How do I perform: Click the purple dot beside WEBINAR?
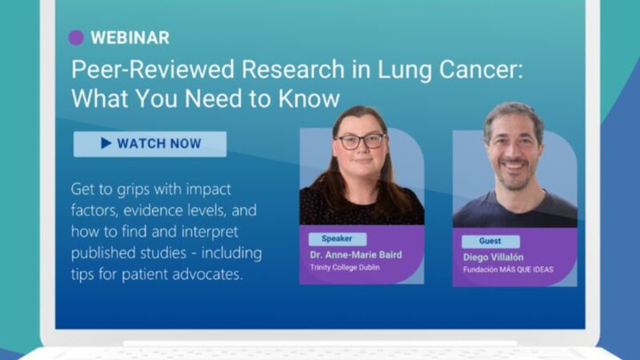(76, 37)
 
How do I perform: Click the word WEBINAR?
(130, 38)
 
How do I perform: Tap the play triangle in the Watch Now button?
(106, 144)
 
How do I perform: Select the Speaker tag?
(337, 238)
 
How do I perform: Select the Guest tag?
(490, 242)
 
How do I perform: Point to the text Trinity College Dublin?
(343, 267)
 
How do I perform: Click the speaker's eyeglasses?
(361, 141)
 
